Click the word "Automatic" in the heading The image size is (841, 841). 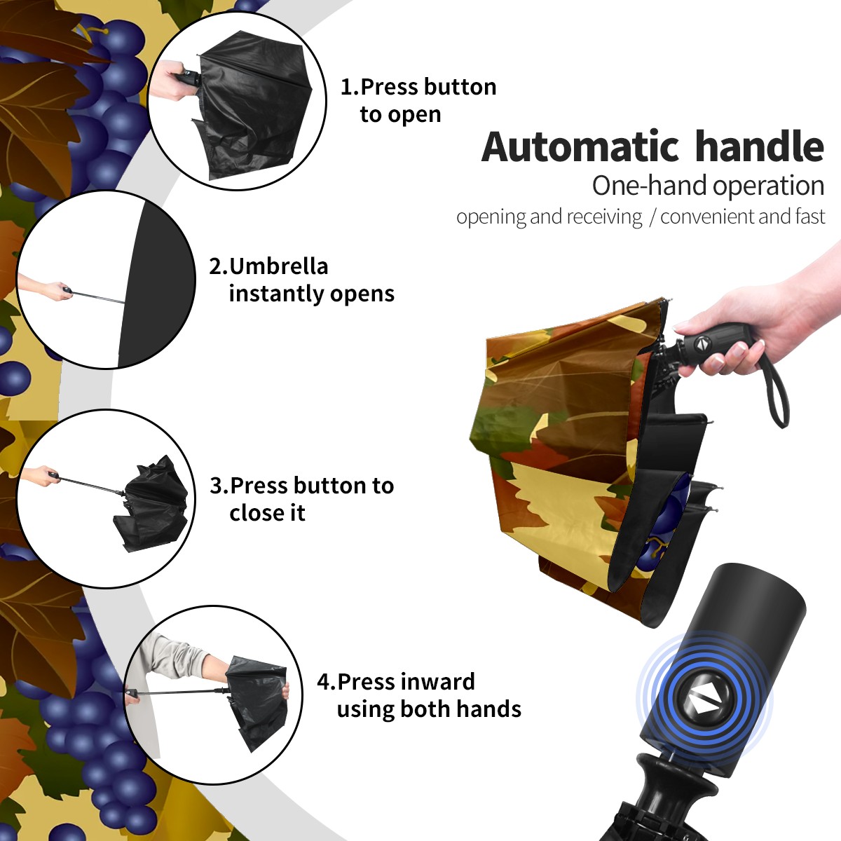(x=580, y=146)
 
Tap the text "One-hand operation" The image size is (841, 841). (x=708, y=186)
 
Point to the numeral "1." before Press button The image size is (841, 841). (x=350, y=87)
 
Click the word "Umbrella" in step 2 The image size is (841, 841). (x=278, y=266)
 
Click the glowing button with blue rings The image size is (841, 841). (x=704, y=702)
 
